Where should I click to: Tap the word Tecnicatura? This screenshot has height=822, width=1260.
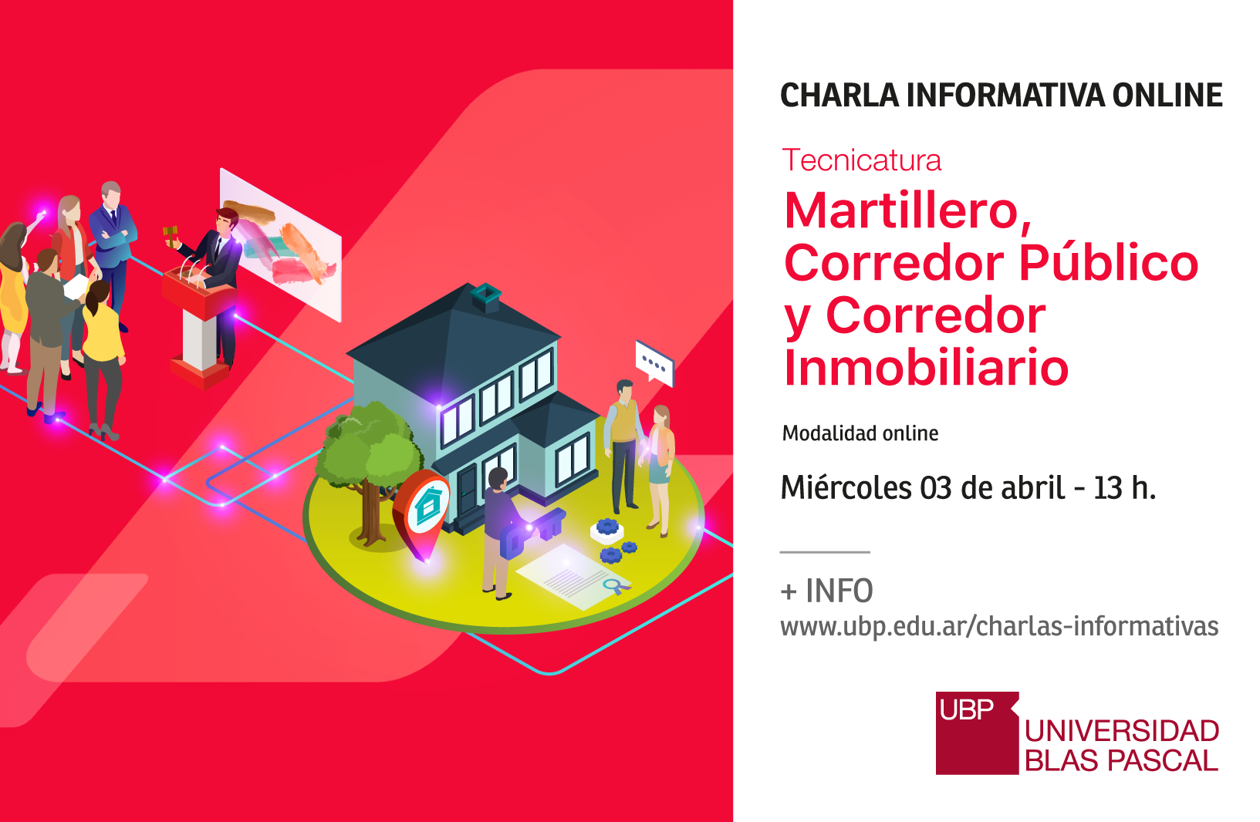861,160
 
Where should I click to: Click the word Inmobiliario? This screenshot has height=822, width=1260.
926,368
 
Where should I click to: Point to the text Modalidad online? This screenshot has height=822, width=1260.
860,433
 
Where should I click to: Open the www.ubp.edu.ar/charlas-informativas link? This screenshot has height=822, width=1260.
999,626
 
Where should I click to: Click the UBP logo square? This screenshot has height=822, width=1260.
977,733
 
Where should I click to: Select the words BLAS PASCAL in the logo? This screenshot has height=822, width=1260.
1121,761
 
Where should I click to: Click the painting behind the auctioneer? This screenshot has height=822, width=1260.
280,244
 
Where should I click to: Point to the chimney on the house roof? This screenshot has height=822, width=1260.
486,297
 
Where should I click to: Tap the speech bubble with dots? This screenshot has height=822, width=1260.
654,364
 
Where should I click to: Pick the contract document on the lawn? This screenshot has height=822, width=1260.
574,576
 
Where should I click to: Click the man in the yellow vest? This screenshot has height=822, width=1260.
623,445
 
